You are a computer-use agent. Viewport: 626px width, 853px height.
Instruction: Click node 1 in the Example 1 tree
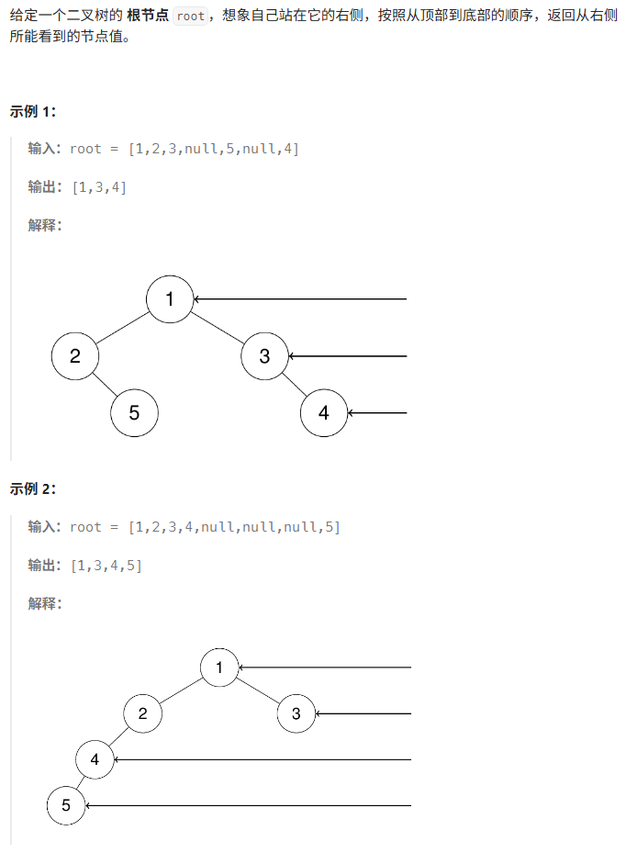coord(170,299)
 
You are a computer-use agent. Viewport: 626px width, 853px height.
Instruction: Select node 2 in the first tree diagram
coord(75,356)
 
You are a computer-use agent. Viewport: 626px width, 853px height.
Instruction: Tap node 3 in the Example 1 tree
coord(265,356)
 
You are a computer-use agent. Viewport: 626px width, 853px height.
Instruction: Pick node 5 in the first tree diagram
coord(134,413)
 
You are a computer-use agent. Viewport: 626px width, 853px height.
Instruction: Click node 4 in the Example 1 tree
coord(324,413)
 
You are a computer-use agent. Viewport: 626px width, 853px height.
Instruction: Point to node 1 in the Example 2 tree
coord(219,668)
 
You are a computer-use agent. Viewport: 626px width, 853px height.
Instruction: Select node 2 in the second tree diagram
coord(142,713)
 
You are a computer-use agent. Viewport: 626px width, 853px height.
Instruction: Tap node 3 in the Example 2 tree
coord(296,713)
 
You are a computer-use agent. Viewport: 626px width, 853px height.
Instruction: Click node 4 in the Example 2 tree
coord(95,759)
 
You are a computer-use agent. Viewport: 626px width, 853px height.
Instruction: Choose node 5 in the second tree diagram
coord(66,806)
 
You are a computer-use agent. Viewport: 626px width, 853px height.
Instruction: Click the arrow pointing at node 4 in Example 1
coord(377,413)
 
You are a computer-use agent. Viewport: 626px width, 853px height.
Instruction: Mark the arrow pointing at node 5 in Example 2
coord(248,806)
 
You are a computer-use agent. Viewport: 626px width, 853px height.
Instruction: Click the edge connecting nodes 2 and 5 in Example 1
coord(105,385)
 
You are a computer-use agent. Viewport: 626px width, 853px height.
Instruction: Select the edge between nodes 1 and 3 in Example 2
coord(258,690)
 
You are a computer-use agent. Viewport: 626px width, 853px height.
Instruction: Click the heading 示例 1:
coord(33,112)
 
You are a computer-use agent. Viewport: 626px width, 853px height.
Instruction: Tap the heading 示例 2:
coord(33,488)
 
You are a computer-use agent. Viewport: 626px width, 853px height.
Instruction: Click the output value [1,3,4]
coord(98,187)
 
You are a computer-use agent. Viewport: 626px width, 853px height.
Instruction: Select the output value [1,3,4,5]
coord(106,565)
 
